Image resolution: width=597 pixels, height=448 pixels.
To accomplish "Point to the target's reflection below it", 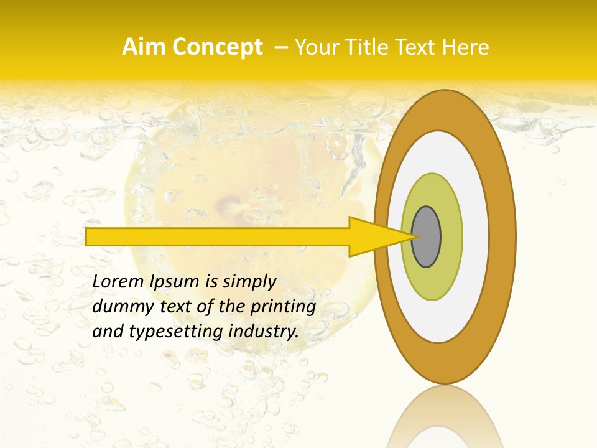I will click(x=445, y=417).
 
